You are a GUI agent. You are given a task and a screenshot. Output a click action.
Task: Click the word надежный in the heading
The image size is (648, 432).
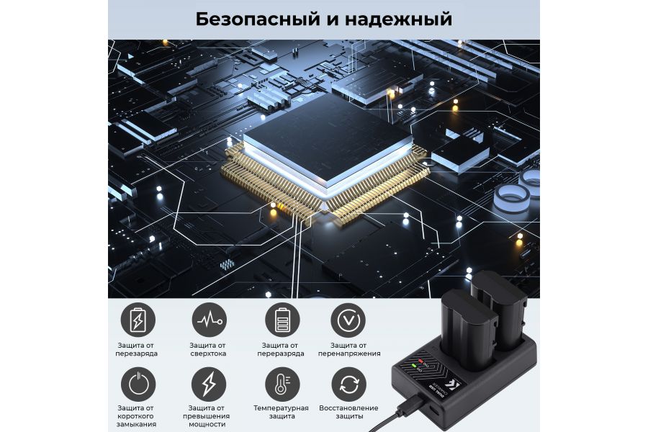point(405,19)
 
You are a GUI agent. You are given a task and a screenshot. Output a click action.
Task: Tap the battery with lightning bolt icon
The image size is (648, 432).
point(137,319)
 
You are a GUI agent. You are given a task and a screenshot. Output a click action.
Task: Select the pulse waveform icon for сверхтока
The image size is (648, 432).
point(208,319)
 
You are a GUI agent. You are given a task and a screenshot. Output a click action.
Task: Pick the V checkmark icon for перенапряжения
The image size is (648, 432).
point(348,319)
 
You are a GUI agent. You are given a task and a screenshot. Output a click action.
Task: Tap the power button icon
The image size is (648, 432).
point(137,384)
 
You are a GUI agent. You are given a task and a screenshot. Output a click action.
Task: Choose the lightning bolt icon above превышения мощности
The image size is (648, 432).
point(208,384)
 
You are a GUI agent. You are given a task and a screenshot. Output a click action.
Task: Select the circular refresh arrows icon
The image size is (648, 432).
point(348,384)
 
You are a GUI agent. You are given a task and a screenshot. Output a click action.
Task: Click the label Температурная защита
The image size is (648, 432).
point(280,412)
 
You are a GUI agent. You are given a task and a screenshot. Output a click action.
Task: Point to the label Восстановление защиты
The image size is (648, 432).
point(348,412)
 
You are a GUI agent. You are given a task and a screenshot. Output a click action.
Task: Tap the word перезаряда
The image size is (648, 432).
point(137,354)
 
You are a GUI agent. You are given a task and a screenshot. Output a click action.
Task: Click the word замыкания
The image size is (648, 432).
point(137,425)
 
